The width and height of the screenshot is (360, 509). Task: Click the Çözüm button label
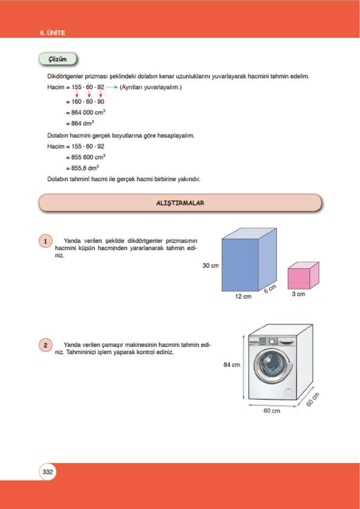57,59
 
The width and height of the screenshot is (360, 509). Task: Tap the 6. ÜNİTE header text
52,33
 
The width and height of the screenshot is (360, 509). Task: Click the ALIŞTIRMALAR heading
180,203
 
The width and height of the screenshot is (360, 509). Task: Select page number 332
48,472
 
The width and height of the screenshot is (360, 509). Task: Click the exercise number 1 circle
46,241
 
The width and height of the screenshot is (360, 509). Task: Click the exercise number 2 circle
46,345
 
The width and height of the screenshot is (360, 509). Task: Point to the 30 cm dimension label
210,266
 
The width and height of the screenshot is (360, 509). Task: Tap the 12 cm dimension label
243,297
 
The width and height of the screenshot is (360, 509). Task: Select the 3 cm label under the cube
298,294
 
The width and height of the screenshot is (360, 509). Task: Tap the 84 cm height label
232,365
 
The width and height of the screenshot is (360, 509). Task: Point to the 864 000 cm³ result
86,112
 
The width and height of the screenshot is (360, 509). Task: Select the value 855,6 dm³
82,168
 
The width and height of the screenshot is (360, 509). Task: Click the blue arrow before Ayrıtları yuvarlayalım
112,87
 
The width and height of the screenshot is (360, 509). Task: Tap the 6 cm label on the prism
270,289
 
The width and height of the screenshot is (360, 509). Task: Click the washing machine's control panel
272,342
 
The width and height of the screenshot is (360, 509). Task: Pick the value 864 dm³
80,123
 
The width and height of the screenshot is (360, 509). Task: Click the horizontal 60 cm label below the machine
272,411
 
